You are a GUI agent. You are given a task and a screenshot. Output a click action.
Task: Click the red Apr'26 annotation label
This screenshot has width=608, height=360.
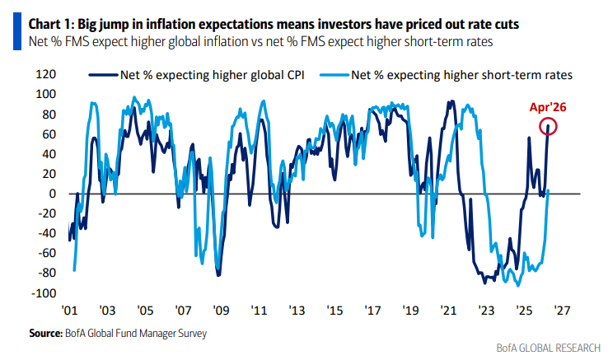click(550, 105)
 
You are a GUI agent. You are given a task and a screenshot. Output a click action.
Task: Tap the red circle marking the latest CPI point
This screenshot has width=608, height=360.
click(550, 127)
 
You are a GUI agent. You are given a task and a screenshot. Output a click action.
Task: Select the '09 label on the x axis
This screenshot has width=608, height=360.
click(220, 311)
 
